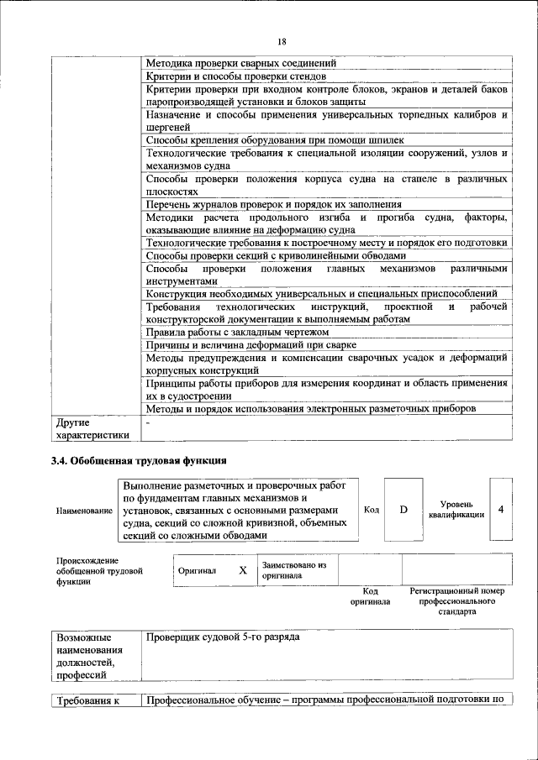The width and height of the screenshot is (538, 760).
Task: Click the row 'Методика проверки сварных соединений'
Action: coord(241,63)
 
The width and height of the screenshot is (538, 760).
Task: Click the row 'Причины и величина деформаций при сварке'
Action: coord(251,345)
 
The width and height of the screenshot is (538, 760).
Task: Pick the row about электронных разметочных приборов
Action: coord(311,408)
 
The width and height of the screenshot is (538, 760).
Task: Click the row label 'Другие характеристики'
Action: coord(92,428)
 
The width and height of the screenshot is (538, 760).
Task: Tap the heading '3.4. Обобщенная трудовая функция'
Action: coord(140,460)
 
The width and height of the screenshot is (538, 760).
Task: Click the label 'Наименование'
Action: coord(84,511)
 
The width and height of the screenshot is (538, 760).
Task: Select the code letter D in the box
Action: coord(403,509)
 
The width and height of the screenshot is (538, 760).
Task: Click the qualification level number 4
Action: coord(501,509)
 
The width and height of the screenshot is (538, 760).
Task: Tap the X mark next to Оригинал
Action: coord(242,570)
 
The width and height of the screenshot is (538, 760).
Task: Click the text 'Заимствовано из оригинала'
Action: coord(293,571)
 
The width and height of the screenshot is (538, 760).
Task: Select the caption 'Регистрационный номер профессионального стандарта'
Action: coord(456,601)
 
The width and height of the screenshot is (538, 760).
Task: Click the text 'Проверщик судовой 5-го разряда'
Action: coord(223,637)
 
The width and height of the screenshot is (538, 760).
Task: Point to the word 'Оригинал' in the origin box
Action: coord(198,571)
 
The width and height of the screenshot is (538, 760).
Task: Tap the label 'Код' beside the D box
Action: coord(371,510)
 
